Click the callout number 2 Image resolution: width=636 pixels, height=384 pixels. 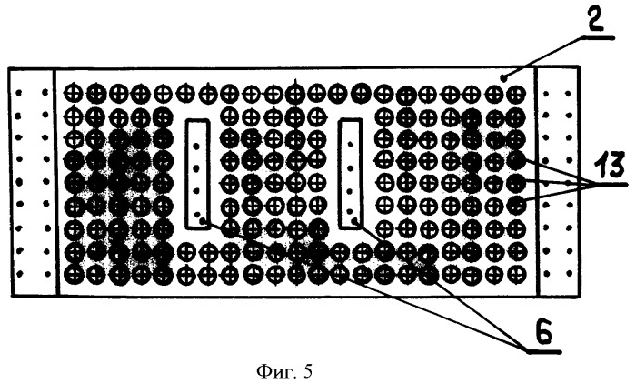click(594, 18)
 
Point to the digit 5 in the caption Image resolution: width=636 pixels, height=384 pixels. click(307, 371)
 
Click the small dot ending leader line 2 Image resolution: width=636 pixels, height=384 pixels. click(503, 77)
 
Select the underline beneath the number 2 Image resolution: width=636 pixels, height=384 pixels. click(598, 37)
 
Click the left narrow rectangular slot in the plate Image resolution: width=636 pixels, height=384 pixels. click(197, 174)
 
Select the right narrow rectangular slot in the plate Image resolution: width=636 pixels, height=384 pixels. click(351, 174)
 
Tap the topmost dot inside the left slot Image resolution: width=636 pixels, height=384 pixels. click(196, 146)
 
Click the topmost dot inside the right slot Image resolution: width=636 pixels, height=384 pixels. click(350, 143)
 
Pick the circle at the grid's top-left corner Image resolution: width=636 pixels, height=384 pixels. click(74, 92)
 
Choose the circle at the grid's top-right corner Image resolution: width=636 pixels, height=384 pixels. click(515, 95)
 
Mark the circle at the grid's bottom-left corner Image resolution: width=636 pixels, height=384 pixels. click(75, 274)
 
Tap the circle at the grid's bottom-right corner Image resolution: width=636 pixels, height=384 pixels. click(515, 272)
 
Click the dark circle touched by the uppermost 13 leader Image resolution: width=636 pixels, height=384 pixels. click(517, 160)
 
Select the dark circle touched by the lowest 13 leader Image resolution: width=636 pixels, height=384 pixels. click(516, 205)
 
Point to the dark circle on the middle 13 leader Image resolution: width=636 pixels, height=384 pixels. click(516, 183)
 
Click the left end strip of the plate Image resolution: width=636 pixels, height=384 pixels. click(33, 182)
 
